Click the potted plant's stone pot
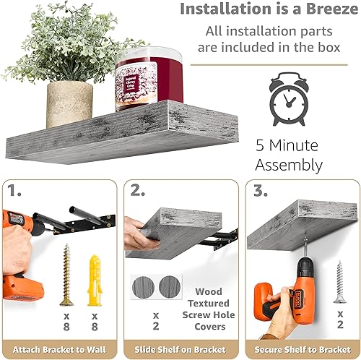[69, 103]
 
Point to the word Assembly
[289, 165]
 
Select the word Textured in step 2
[208, 302]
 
